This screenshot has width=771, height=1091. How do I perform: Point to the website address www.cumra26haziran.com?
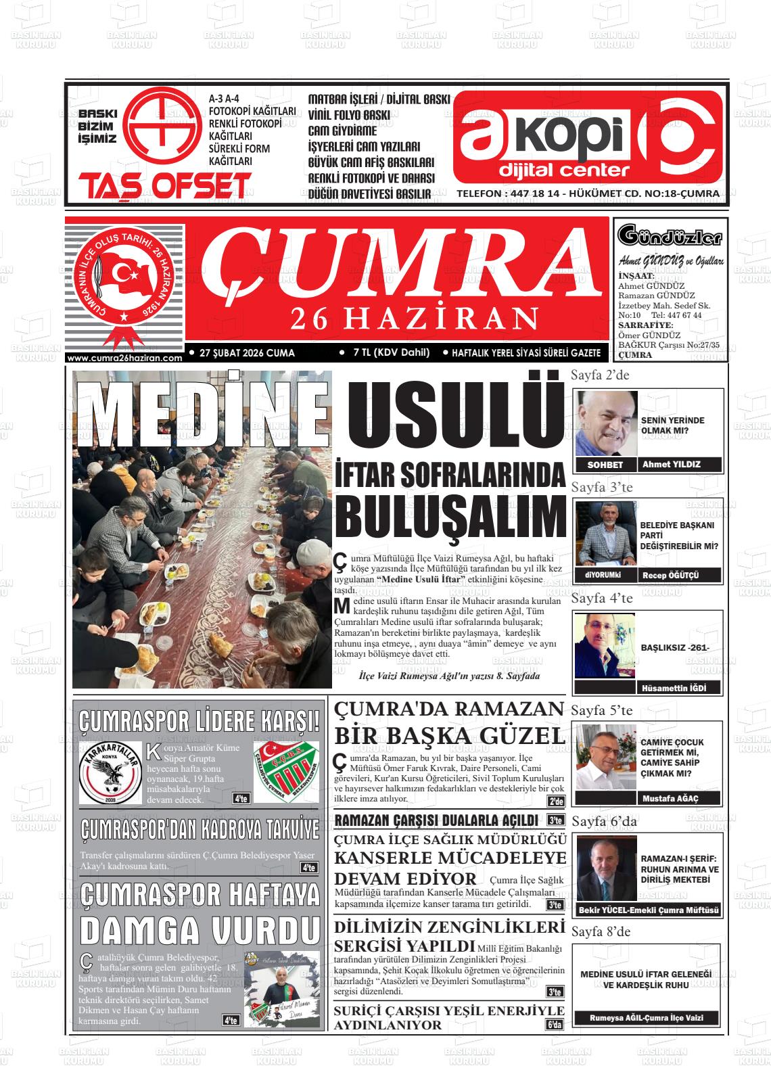pos(126,358)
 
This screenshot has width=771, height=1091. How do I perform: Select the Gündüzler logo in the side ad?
pos(670,237)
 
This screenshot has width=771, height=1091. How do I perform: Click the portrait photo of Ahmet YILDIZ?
pos(607,423)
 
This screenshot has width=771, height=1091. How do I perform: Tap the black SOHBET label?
pos(605,465)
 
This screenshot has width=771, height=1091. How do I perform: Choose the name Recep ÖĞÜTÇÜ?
pos(671,575)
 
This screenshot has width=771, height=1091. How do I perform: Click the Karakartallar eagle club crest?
pos(110,772)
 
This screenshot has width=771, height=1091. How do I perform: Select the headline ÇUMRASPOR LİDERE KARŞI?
pos(200,722)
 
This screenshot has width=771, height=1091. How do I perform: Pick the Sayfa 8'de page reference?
pos(601,931)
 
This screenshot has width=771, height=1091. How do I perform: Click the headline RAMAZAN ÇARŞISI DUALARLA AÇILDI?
pos(436,820)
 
